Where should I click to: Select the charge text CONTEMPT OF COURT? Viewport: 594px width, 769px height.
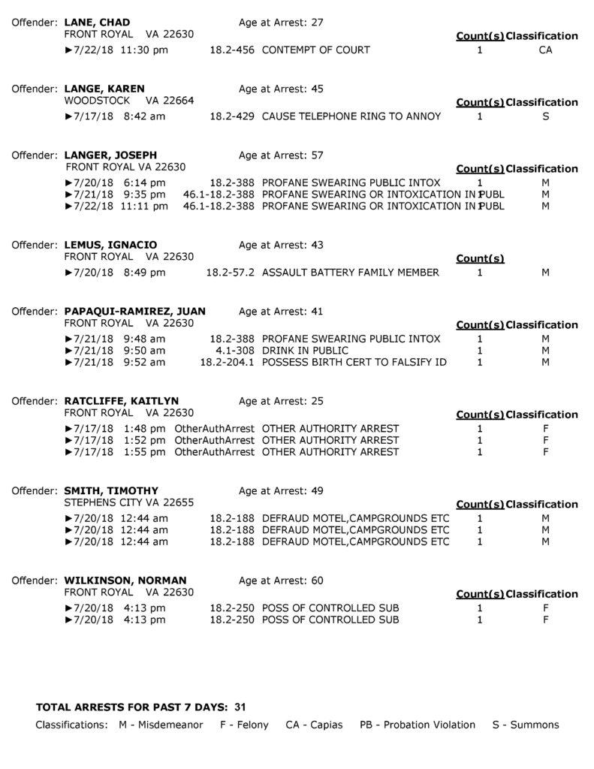pos(315,50)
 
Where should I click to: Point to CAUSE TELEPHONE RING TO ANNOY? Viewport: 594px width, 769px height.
pos(351,116)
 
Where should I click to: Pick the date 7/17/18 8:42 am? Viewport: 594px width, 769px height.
pos(119,116)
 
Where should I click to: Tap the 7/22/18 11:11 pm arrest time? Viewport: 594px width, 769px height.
pos(119,206)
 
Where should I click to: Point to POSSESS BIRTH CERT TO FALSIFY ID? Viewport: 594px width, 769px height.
pos(354,362)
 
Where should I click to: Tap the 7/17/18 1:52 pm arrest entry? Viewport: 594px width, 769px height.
pos(119,440)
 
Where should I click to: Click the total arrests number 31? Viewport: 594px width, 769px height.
pos(240,707)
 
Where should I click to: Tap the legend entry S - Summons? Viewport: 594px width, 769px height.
pos(526,725)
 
